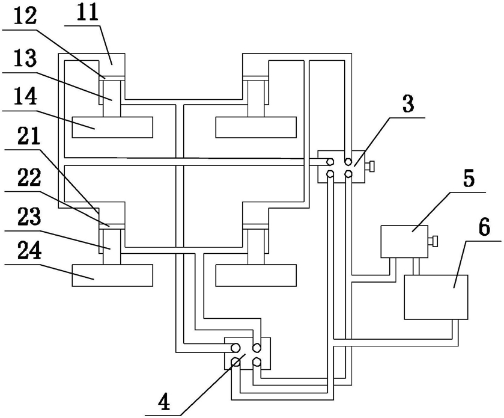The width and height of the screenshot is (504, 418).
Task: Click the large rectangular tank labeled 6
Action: pyautogui.click(x=436, y=297)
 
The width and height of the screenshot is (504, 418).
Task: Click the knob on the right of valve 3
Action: pyautogui.click(x=373, y=165)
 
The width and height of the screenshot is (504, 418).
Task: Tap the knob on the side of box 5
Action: pyautogui.click(x=432, y=241)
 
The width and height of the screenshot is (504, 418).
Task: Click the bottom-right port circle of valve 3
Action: pyautogui.click(x=348, y=174)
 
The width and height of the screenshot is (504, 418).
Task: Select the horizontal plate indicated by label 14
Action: pyautogui.click(x=112, y=127)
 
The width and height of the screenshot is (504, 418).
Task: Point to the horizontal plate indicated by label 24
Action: pyautogui.click(x=112, y=275)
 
